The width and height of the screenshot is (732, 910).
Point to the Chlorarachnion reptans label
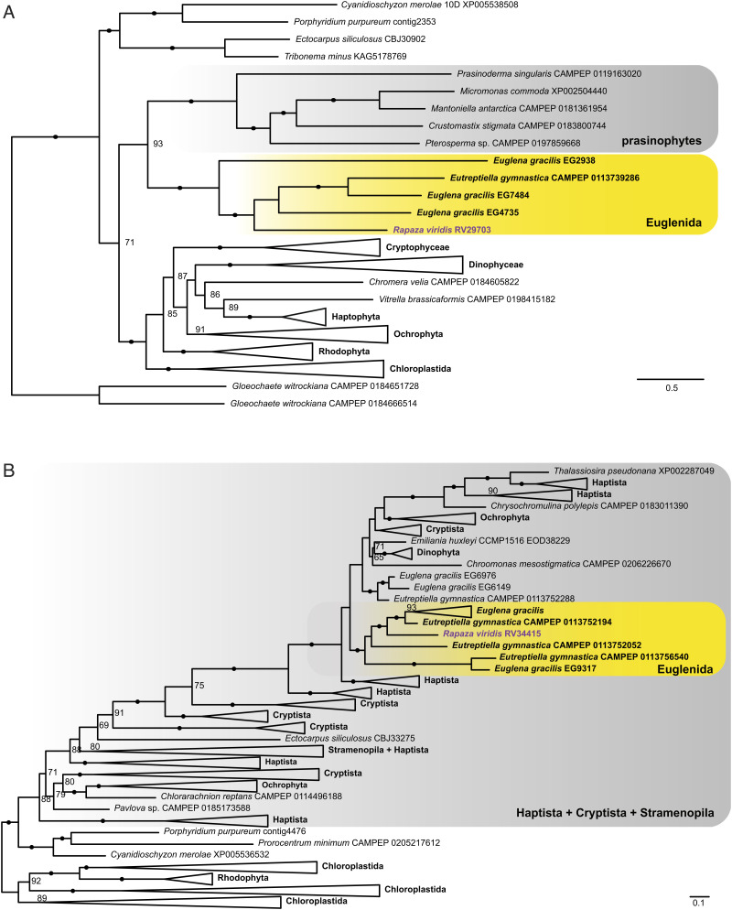(240, 796)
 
